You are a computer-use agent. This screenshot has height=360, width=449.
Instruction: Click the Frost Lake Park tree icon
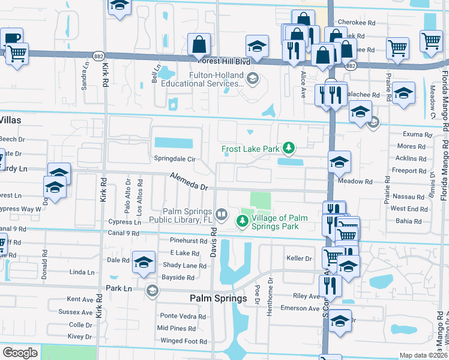289,148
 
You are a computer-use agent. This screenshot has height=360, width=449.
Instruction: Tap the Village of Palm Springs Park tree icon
242,239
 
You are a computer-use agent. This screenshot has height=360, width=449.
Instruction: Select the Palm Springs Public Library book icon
221,231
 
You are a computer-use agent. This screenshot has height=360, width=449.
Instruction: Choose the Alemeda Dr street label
189,182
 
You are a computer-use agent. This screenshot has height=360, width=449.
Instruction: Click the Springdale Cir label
175,160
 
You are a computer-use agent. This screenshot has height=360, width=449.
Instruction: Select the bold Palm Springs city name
218,298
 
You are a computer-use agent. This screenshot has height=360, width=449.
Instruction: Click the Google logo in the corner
20,353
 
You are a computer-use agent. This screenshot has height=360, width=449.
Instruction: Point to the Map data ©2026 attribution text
423,355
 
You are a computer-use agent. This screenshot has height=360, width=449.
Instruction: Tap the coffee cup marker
12,38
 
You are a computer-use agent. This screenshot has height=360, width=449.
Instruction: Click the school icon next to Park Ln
152,291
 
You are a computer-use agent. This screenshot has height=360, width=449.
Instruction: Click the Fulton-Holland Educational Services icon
253,78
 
